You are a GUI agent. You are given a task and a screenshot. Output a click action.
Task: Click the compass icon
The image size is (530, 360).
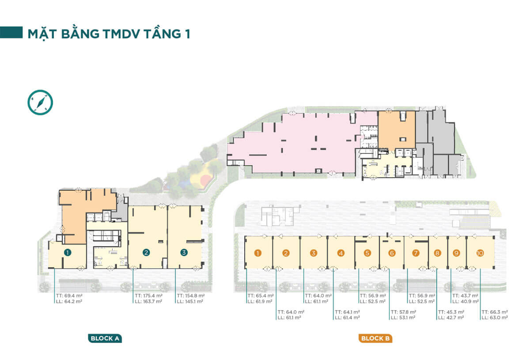[x=40, y=102]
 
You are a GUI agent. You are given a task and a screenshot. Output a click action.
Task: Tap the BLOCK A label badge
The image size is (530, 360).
[x=105, y=338]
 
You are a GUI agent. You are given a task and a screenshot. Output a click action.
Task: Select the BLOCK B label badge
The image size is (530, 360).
[x=375, y=338]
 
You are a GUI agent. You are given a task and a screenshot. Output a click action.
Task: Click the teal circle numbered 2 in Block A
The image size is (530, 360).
[x=146, y=253]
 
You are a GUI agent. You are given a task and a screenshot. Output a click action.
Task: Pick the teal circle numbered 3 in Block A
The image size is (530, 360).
[x=184, y=253]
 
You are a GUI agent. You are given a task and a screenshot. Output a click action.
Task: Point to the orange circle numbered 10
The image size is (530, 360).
[x=480, y=253]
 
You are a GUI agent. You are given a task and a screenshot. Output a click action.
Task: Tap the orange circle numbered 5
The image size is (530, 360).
[x=367, y=253]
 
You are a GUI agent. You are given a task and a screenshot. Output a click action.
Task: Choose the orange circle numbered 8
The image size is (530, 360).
[x=437, y=253]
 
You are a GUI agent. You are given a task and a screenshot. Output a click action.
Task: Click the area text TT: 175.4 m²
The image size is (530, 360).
[x=148, y=296]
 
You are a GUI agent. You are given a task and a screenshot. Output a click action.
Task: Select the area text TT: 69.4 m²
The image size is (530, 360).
[x=69, y=296]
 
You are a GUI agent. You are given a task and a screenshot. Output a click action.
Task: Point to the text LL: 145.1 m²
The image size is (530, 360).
[x=190, y=301]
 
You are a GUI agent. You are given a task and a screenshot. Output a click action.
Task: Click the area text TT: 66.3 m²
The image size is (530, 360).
[x=495, y=312]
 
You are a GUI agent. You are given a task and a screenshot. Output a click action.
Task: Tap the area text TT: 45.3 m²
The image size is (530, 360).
[x=451, y=312]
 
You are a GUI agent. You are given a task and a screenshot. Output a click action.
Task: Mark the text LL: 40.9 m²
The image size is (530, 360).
[x=466, y=301]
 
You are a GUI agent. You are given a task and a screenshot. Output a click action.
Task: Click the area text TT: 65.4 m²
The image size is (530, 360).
[x=261, y=296]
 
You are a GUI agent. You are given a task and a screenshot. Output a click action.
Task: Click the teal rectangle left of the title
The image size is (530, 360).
[x=11, y=32]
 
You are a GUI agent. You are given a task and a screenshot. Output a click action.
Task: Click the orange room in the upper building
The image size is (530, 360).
[x=397, y=130]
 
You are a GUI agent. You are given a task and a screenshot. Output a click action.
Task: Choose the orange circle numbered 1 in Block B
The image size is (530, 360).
[x=257, y=253]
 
